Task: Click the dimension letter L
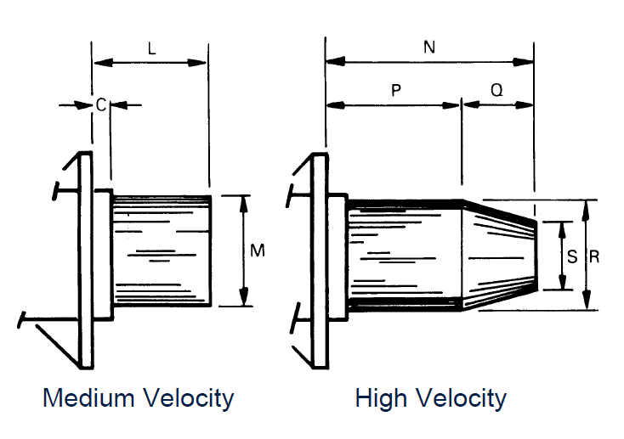click(151, 49)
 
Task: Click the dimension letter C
click(100, 105)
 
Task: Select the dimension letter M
click(258, 250)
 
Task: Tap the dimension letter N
click(429, 48)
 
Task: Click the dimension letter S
click(572, 256)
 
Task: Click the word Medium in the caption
click(87, 397)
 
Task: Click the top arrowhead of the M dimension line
click(245, 201)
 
